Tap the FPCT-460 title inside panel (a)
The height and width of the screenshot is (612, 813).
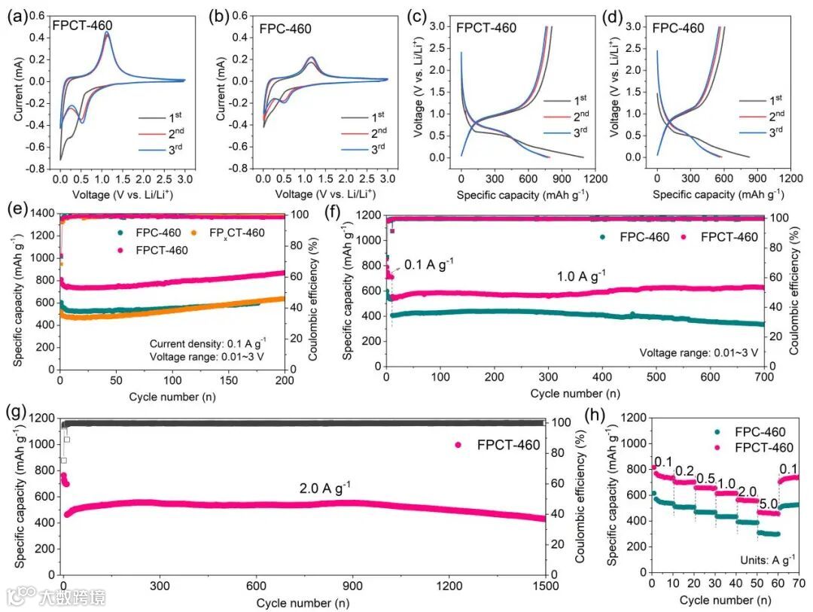coord(82,26)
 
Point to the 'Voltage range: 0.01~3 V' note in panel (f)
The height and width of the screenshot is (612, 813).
coord(698,352)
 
